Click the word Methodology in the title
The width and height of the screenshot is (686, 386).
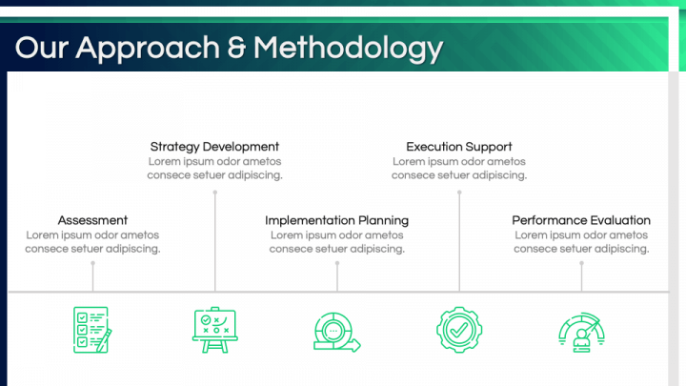[x=349, y=50]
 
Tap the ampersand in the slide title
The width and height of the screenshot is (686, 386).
[x=236, y=48]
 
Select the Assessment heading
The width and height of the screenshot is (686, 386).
[x=92, y=220]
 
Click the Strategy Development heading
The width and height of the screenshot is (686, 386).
[x=214, y=147]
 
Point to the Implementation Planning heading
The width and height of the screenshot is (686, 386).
[x=337, y=220]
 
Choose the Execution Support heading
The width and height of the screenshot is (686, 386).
[x=459, y=147]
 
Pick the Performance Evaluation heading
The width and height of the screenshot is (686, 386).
[x=581, y=220]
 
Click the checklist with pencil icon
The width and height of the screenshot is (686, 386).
[x=92, y=330]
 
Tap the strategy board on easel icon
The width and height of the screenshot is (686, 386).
[x=214, y=330]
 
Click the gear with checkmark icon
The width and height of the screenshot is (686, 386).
[x=459, y=330]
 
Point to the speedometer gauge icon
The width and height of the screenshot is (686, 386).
[x=581, y=333]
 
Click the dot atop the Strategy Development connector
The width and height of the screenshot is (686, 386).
[x=214, y=193]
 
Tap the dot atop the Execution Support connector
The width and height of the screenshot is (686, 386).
[x=459, y=193]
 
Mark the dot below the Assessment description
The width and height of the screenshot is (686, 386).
[x=92, y=263]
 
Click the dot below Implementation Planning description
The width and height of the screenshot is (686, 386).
[x=337, y=263]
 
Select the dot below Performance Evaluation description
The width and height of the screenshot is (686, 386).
[x=581, y=263]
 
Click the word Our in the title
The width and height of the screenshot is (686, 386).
[x=42, y=48]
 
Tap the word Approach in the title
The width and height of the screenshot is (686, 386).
[x=148, y=50]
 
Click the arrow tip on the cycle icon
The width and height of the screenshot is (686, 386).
[x=359, y=346]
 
